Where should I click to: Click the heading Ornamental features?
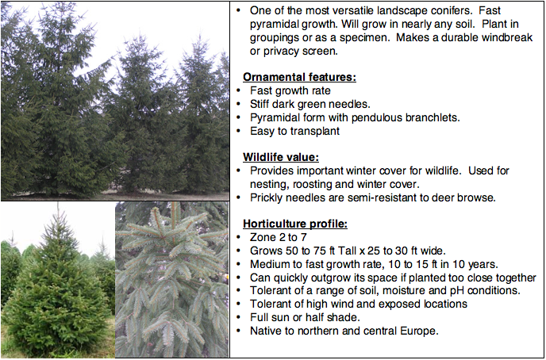pyautogui.click(x=299, y=77)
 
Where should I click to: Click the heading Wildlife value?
pyautogui.click(x=281, y=157)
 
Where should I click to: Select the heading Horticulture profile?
pyautogui.click(x=295, y=224)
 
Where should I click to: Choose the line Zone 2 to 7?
pyautogui.click(x=279, y=238)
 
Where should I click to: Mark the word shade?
pyautogui.click(x=344, y=317)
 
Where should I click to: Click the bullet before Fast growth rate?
pyautogui.click(x=239, y=91)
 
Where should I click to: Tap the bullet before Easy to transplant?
pyautogui.click(x=239, y=132)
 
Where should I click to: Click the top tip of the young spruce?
pyautogui.click(x=58, y=204)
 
